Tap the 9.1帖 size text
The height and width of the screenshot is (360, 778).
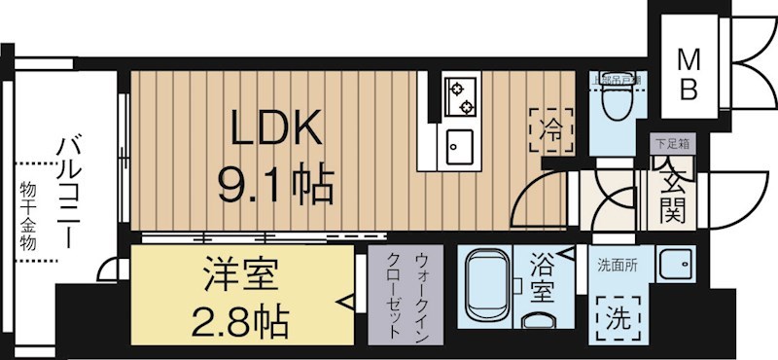[x=275, y=180]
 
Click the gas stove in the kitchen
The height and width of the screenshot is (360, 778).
[x=460, y=95]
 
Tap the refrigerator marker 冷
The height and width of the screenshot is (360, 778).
[x=550, y=126]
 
